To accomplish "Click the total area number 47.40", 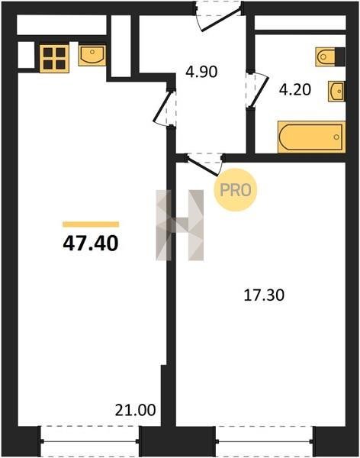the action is [91, 244].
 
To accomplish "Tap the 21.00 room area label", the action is [135, 410].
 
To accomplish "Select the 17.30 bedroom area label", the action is [264, 295].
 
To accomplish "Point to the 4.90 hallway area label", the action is [201, 72].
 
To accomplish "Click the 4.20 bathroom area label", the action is [295, 89].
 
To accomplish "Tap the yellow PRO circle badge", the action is [236, 190].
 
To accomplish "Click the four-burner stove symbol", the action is [54, 59].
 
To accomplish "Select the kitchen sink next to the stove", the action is [92, 55].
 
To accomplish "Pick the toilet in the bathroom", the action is [330, 56].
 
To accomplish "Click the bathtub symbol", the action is [311, 137].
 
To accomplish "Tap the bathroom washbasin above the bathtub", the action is [336, 91].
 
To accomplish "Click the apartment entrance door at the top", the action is [218, 16].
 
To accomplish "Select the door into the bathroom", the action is [257, 90].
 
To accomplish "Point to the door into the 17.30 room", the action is [204, 164].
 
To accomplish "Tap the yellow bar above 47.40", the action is [91, 224].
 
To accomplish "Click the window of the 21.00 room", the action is [89, 440].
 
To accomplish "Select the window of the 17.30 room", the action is [265, 440].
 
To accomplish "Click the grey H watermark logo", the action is [179, 225].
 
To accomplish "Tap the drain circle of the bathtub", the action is [336, 137].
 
